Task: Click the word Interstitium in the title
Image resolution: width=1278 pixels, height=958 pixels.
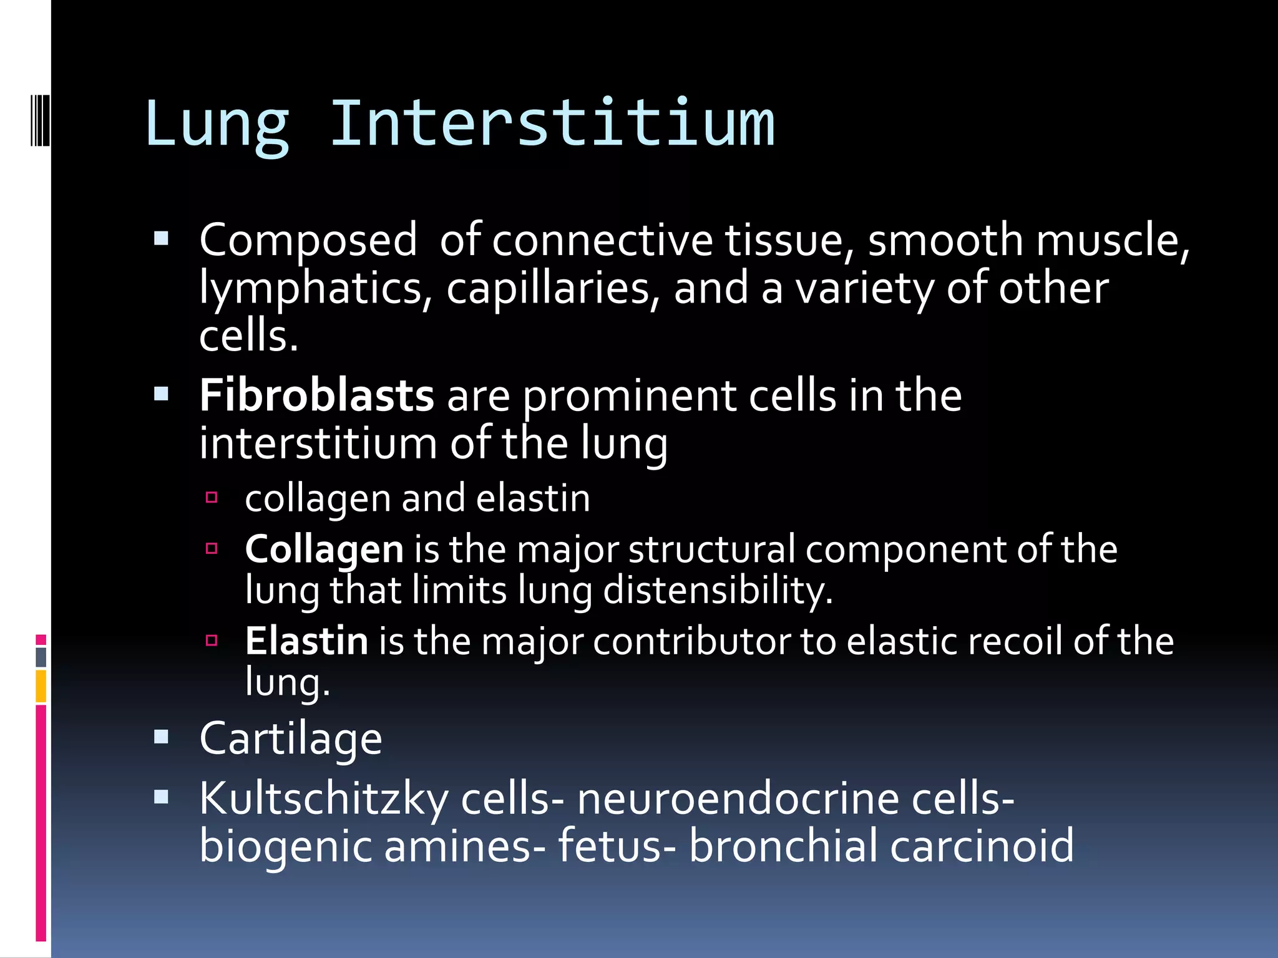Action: click(552, 125)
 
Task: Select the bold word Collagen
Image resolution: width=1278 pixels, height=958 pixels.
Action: click(324, 550)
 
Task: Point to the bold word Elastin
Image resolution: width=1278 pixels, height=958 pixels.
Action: click(306, 641)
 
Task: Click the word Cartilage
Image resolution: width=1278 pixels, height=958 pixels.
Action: click(291, 740)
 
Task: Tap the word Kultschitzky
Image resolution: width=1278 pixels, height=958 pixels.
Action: click(324, 800)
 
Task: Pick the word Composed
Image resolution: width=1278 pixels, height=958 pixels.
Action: click(308, 241)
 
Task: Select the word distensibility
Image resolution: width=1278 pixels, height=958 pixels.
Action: click(718, 590)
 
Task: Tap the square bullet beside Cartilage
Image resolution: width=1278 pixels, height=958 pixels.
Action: click(162, 738)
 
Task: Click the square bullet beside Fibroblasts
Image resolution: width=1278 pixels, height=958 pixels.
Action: click(162, 394)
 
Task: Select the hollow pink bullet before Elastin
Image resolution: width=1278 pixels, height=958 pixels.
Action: click(212, 640)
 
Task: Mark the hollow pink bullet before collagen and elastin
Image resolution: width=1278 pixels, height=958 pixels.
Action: click(212, 497)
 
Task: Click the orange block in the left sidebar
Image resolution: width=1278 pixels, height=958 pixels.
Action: click(41, 686)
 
